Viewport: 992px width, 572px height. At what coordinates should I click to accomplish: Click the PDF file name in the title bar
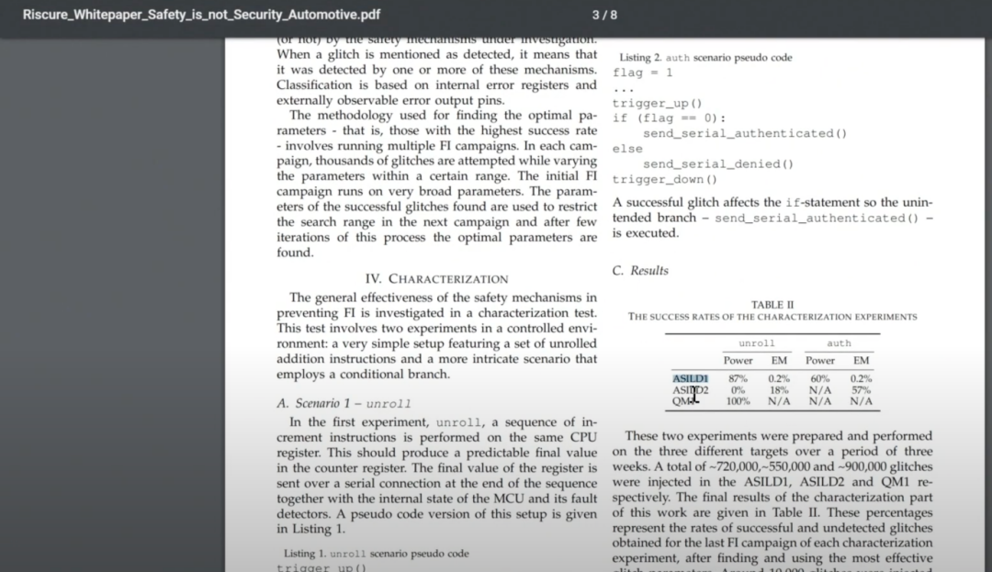201,15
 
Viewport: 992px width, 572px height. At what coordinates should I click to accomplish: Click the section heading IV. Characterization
436,278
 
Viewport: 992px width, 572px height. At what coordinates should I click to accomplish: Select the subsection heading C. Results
640,270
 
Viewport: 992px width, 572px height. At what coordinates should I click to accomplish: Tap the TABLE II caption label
772,305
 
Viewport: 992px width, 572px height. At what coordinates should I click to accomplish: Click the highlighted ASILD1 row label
690,378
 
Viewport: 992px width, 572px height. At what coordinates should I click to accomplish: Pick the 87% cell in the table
738,378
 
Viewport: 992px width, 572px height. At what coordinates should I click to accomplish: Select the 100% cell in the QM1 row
738,401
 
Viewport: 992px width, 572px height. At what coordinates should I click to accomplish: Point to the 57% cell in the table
861,390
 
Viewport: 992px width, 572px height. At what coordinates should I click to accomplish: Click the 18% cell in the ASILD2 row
778,390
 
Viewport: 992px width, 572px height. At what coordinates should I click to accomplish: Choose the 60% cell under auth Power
820,378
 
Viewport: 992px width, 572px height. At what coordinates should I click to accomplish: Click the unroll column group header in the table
757,343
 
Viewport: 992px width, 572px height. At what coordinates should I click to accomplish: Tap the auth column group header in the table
839,343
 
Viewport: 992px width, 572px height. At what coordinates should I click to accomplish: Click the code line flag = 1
642,73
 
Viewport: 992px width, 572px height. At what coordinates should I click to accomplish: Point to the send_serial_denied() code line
717,163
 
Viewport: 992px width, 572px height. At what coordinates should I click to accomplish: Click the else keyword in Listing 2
627,149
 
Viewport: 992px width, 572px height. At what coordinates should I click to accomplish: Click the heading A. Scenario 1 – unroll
344,403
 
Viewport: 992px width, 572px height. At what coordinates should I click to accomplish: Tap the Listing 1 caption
376,554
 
